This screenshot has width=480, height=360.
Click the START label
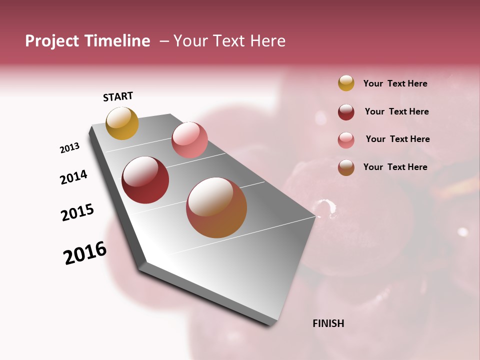pos(118,96)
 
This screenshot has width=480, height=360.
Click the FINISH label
pos(328,323)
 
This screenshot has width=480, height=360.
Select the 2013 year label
pos(69,148)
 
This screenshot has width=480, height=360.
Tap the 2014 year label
pos(73,177)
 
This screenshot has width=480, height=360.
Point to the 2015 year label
pos(77,212)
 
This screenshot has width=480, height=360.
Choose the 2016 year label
pos(85,253)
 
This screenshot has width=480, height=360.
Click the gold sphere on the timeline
pos(122,123)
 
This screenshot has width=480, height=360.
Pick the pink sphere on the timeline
pos(189,140)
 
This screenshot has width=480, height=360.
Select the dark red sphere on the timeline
pos(145,180)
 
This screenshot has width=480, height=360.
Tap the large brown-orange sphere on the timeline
pos(216,207)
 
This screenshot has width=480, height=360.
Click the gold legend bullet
pos(346,83)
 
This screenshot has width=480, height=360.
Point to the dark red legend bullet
pos(346,112)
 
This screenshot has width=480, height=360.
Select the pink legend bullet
pos(346,140)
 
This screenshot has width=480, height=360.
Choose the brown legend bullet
pos(346,167)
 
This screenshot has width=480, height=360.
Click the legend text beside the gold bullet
pos(395,83)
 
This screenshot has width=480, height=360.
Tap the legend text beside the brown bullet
pos(395,167)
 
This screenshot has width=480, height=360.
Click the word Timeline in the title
pos(117,41)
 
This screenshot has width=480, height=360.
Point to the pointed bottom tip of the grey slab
pos(270,325)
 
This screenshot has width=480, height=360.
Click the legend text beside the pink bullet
pos(397,139)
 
